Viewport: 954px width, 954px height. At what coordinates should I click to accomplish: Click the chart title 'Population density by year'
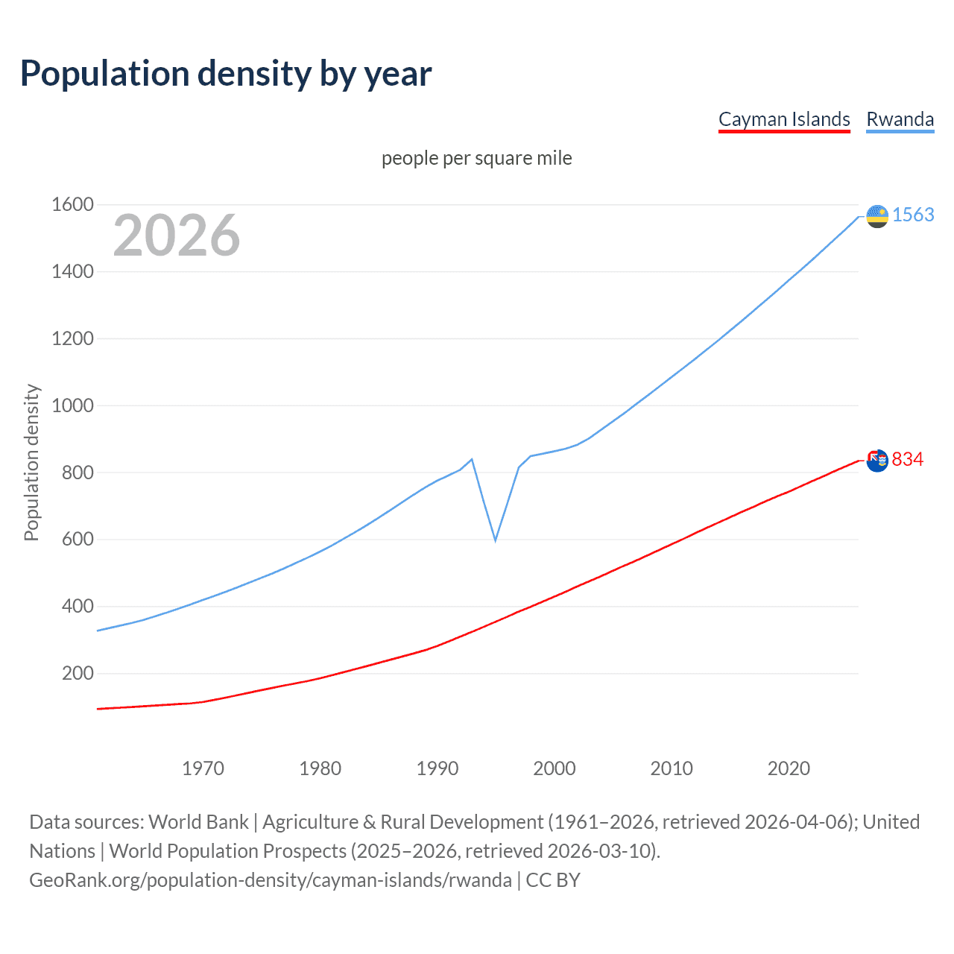[226, 74]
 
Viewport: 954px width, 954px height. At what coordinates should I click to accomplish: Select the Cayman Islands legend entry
[784, 119]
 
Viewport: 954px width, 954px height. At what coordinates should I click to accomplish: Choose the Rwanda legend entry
[900, 119]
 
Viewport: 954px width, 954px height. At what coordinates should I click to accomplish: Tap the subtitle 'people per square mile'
[476, 158]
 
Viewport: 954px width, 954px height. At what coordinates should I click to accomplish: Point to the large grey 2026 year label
[177, 236]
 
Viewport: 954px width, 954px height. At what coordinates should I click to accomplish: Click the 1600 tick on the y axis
[72, 204]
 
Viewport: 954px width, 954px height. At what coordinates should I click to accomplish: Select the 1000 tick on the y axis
[72, 405]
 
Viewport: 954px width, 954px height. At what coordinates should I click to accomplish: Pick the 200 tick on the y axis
[78, 673]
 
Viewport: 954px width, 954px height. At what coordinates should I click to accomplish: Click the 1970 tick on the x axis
[203, 768]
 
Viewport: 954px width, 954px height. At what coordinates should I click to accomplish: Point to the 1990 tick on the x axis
[437, 768]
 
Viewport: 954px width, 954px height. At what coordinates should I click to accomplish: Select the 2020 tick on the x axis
[789, 768]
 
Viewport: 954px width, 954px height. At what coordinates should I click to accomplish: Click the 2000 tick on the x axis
[555, 768]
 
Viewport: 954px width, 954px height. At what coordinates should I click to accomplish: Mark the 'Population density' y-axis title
[31, 462]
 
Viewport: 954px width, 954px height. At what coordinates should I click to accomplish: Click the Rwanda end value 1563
[913, 215]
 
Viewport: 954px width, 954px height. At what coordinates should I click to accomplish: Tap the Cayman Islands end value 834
[907, 459]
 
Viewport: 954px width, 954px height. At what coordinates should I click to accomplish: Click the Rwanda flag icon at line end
[877, 216]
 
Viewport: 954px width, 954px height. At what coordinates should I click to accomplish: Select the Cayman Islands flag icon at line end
[877, 461]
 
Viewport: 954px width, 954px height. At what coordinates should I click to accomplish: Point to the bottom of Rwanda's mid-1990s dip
[495, 540]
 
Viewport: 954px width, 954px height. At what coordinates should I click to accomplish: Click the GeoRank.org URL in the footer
[271, 880]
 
